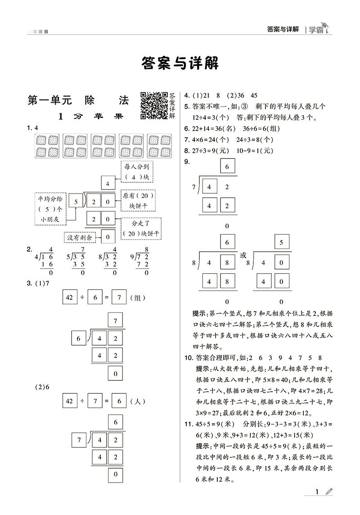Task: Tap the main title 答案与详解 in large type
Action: tap(180, 63)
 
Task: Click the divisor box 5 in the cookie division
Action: tap(76, 202)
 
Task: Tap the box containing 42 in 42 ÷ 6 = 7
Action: tap(70, 297)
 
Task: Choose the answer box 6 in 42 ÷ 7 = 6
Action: tap(119, 400)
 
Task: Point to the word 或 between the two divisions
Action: tap(243, 255)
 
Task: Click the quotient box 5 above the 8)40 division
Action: tap(281, 242)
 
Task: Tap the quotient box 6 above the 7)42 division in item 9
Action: tap(227, 167)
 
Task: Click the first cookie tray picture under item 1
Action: tap(46, 145)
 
